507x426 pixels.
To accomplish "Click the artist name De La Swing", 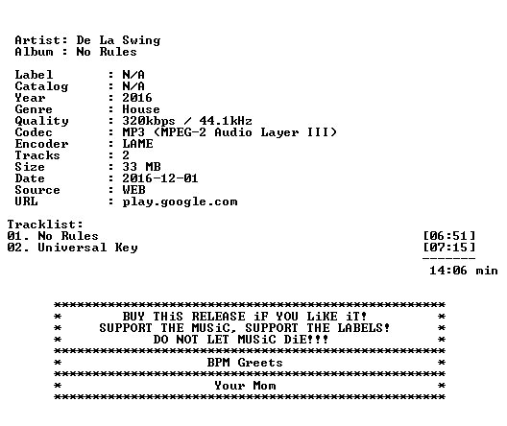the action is click(118, 40).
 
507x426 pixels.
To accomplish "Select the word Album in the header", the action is click(34, 52).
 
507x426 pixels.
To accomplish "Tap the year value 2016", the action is click(137, 98).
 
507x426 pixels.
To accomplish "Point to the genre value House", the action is click(141, 109).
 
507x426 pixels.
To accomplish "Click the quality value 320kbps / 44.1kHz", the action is click(187, 121).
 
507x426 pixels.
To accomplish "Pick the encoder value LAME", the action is click(137, 144).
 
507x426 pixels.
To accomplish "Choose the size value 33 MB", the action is click(141, 167).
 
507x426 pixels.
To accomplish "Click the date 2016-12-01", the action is click(160, 178).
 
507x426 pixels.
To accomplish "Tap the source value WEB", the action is click(133, 190).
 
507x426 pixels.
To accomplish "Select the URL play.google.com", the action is click(181, 201).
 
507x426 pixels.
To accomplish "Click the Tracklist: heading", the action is click(45, 225).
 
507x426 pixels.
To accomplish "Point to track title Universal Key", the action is click(87, 248).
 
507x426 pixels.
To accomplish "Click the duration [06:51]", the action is click(449, 236).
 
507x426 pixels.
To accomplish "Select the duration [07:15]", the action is click(449, 248).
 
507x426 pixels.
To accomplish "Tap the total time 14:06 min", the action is click(464, 271).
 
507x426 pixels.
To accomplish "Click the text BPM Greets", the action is click(245, 363).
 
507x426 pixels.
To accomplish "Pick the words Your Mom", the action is click(245, 386).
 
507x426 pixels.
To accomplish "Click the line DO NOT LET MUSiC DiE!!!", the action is click(241, 340).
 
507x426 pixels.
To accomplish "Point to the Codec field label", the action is click(34, 132).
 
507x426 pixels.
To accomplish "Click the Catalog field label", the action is click(41, 86).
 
